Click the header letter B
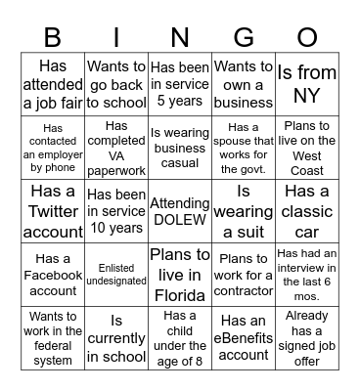coord(54,37)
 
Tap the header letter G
coord(244,37)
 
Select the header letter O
coord(307,37)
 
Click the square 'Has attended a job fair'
coord(53,85)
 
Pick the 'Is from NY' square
coord(307,85)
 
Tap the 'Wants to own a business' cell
coord(244,85)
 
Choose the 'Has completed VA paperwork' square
coord(116,147)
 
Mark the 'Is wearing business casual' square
coord(180,147)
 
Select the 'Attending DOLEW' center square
coord(180,210)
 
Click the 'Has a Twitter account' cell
coord(53,210)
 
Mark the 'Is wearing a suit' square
coord(244,210)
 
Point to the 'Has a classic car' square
coord(307,210)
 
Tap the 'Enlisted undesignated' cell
coord(116,274)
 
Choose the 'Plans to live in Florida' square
coord(180,274)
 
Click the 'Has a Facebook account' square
coord(53,274)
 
